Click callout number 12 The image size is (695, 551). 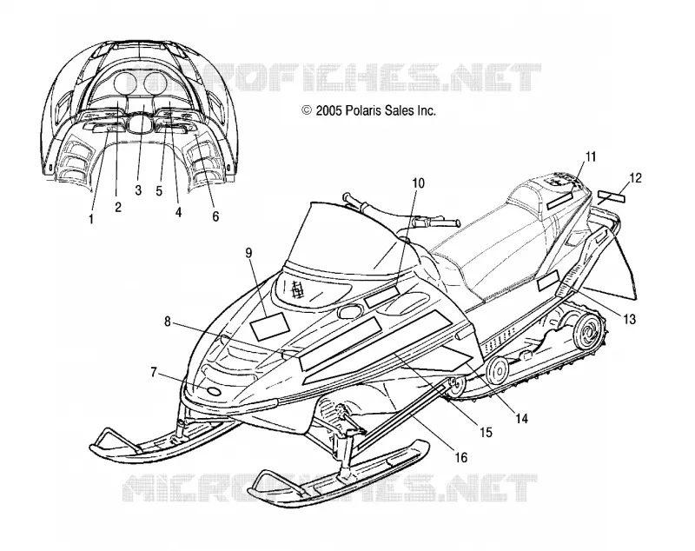[635, 178]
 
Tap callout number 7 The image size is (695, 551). [154, 372]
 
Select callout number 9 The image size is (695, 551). [248, 253]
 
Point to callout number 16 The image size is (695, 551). [461, 457]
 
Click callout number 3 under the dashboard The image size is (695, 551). [138, 190]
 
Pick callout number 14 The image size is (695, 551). [522, 418]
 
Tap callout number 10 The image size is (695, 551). [418, 183]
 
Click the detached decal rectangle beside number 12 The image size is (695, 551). [612, 196]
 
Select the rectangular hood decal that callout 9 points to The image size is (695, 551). [269, 326]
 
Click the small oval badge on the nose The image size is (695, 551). [215, 391]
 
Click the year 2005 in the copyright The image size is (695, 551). [328, 110]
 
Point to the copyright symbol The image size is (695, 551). [307, 110]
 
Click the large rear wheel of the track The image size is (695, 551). [588, 332]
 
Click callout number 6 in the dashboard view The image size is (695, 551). [215, 216]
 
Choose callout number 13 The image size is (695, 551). [629, 319]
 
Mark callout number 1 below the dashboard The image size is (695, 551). [91, 218]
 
